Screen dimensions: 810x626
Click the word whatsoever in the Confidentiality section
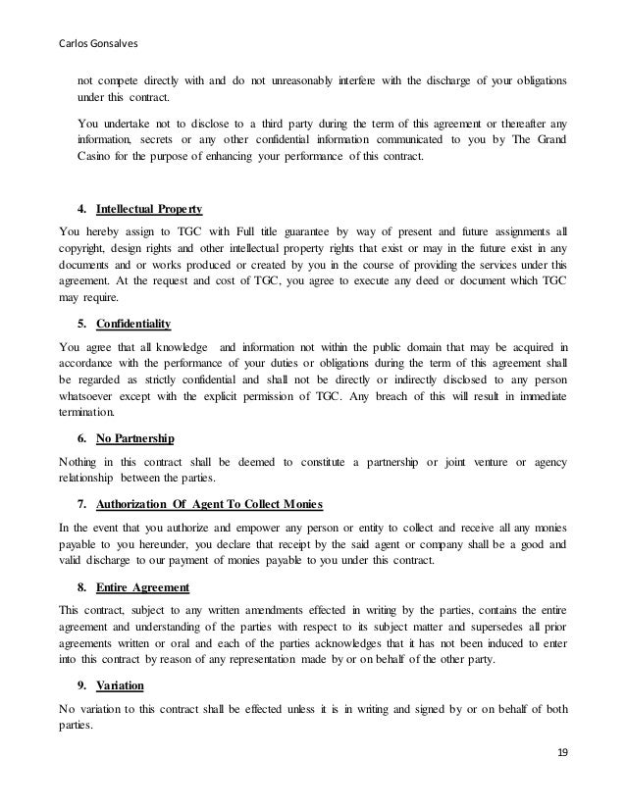(x=92, y=398)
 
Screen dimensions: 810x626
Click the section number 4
(x=78, y=209)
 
